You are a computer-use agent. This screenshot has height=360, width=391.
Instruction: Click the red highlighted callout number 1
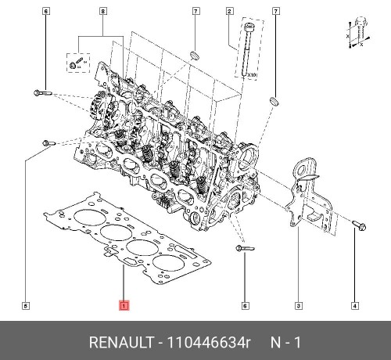point(123,304)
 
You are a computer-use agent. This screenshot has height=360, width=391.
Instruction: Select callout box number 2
point(229,11)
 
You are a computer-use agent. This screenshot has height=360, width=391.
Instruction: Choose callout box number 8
point(102,11)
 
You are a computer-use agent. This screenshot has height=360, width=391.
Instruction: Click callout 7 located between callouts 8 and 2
point(195,11)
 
